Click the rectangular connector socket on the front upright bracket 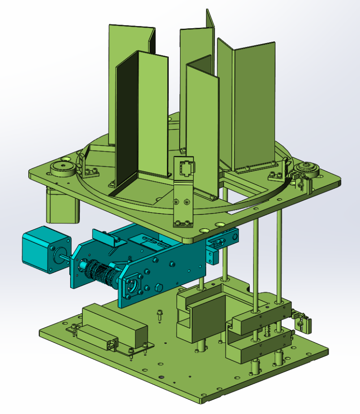tap(186, 168)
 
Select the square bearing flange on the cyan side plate tap(134, 285)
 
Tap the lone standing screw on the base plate tap(159, 314)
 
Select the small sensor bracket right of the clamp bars tap(303, 321)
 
